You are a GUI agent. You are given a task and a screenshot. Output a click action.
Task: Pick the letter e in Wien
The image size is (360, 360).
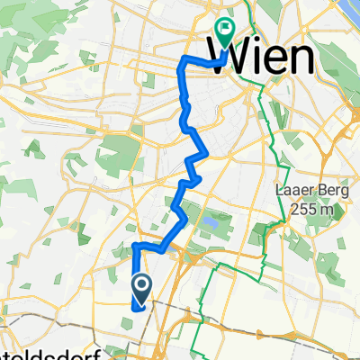coord(285,61)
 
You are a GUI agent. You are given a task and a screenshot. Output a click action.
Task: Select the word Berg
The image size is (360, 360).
coord(328,193)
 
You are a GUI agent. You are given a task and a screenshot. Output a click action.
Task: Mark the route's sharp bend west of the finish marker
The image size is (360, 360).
coord(184,60)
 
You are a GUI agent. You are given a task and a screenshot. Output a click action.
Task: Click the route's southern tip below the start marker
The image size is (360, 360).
coord(135,307)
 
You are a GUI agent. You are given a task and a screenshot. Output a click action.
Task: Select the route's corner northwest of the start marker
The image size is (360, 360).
coord(135,246)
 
